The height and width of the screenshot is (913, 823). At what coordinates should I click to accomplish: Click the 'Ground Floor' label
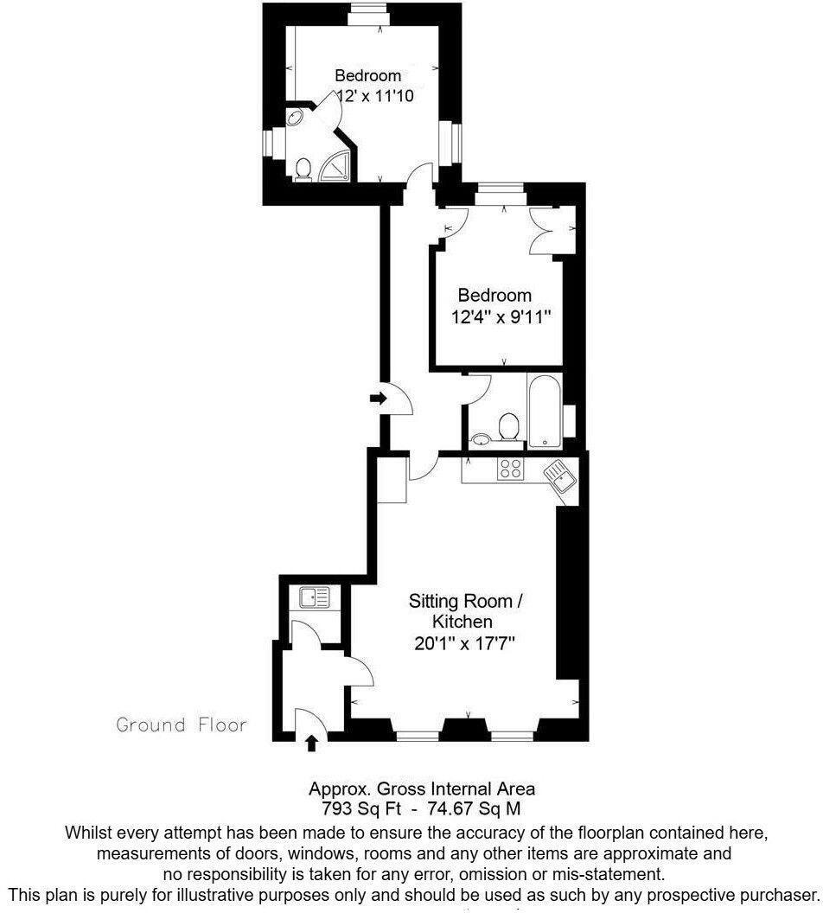[182, 725]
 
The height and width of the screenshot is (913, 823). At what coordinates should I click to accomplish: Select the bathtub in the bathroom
[545, 412]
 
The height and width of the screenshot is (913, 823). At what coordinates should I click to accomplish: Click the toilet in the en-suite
[303, 169]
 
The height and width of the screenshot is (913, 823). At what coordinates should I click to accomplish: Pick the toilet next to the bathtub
[508, 426]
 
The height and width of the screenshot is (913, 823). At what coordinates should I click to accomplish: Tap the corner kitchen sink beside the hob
[558, 475]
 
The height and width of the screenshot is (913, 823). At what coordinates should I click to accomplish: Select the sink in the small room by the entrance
[314, 597]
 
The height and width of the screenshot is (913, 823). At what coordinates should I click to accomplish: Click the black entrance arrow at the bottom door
[312, 741]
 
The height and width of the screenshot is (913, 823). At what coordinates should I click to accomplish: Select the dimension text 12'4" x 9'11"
[501, 317]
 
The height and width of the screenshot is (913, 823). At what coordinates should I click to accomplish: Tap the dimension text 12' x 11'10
[373, 97]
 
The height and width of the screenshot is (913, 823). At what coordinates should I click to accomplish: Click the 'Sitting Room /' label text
[466, 601]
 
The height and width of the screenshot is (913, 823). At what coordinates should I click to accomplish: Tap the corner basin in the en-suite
[296, 118]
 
